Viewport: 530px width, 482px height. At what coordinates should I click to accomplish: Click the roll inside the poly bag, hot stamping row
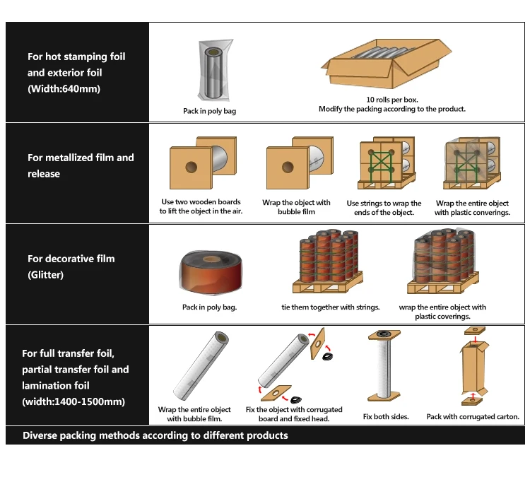[x=213, y=72]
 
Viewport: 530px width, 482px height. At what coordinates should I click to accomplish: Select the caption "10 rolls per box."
[x=392, y=100]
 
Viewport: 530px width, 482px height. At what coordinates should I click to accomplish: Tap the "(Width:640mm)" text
[x=64, y=89]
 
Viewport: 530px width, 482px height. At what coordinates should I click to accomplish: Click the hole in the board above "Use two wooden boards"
[x=192, y=167]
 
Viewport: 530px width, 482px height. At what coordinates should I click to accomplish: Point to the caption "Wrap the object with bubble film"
[x=296, y=207]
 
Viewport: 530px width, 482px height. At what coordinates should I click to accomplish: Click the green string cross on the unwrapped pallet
[x=382, y=163]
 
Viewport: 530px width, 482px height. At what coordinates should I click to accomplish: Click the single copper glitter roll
[x=211, y=272]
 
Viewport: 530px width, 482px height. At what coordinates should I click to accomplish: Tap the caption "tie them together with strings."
[x=331, y=307]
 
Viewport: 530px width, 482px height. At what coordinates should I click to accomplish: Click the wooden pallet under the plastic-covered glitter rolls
[x=443, y=285]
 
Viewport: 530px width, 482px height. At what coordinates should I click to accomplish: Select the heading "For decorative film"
[x=71, y=259]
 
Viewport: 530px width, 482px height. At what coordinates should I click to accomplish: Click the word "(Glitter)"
[x=46, y=275]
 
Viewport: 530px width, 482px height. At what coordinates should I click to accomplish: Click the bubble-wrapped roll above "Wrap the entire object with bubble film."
[x=201, y=366]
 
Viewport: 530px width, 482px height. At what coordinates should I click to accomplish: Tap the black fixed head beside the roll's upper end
[x=327, y=356]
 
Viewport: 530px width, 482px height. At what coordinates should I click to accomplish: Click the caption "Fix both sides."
[x=386, y=417]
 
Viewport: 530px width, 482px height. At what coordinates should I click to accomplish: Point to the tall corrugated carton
[x=474, y=368]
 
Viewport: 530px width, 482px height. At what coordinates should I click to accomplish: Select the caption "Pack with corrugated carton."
[x=473, y=417]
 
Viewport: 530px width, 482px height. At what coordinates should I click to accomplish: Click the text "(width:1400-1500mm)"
[x=73, y=402]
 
